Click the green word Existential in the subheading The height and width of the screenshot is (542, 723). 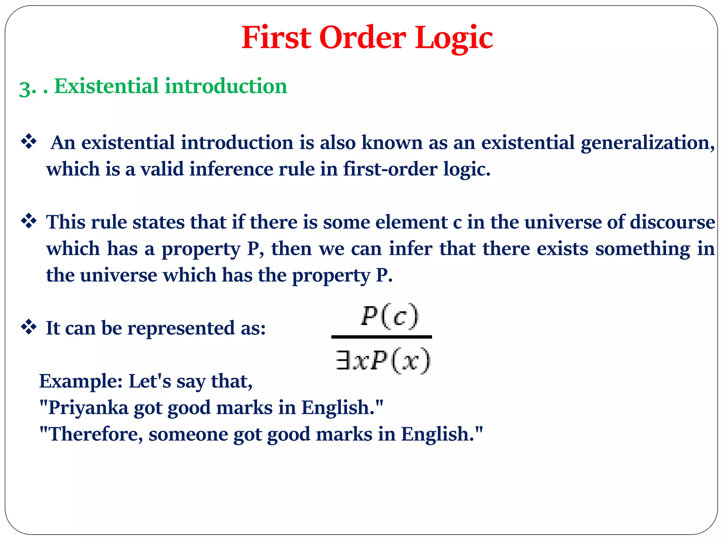pos(106,86)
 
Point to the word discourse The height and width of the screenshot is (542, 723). pos(672,222)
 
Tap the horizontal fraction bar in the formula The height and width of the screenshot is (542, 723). pos(381,337)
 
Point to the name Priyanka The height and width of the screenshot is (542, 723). pos(88,408)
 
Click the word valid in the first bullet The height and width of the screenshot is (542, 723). pos(162,169)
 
